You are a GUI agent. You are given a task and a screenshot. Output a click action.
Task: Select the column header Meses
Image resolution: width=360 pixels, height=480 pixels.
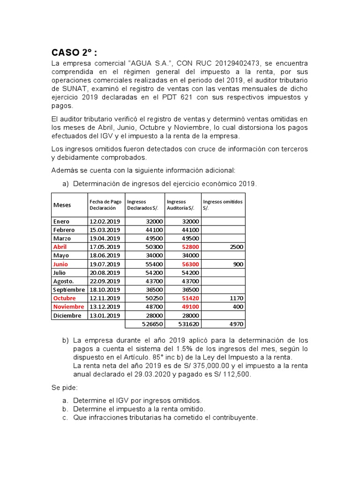(62, 205)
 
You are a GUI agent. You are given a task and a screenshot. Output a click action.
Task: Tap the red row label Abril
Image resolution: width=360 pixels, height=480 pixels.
(60, 247)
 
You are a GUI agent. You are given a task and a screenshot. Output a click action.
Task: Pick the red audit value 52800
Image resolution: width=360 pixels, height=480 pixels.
(190, 247)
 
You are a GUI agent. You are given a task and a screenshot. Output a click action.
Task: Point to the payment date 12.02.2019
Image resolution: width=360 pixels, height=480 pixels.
(105, 221)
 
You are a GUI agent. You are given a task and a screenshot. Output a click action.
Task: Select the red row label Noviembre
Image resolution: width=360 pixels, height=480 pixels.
(68, 307)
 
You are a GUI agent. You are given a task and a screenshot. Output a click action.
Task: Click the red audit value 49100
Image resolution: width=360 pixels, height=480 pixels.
(190, 307)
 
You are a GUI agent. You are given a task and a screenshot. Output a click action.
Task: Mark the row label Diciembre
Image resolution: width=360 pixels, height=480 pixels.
(67, 315)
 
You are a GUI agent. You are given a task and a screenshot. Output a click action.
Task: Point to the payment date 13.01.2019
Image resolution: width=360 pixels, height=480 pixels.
(105, 315)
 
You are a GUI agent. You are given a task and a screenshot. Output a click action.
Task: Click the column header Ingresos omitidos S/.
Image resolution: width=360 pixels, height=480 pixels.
(223, 204)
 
